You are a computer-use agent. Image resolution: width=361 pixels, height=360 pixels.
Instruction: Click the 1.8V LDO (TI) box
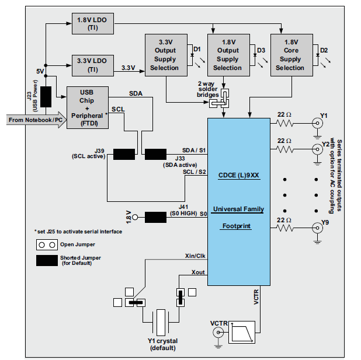(93, 23)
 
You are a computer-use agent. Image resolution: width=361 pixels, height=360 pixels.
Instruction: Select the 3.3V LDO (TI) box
(93, 65)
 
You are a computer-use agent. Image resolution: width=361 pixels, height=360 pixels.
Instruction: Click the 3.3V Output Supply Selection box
(166, 55)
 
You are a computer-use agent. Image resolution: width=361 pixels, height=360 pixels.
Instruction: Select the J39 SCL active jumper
(124, 155)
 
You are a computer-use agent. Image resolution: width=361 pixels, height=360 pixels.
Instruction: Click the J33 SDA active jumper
(155, 155)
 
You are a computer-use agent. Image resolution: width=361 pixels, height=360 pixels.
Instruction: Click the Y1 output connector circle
(318, 123)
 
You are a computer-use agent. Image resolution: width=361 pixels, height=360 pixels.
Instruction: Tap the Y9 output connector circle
(318, 228)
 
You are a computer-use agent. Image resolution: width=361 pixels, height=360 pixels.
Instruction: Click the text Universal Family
(238, 209)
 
